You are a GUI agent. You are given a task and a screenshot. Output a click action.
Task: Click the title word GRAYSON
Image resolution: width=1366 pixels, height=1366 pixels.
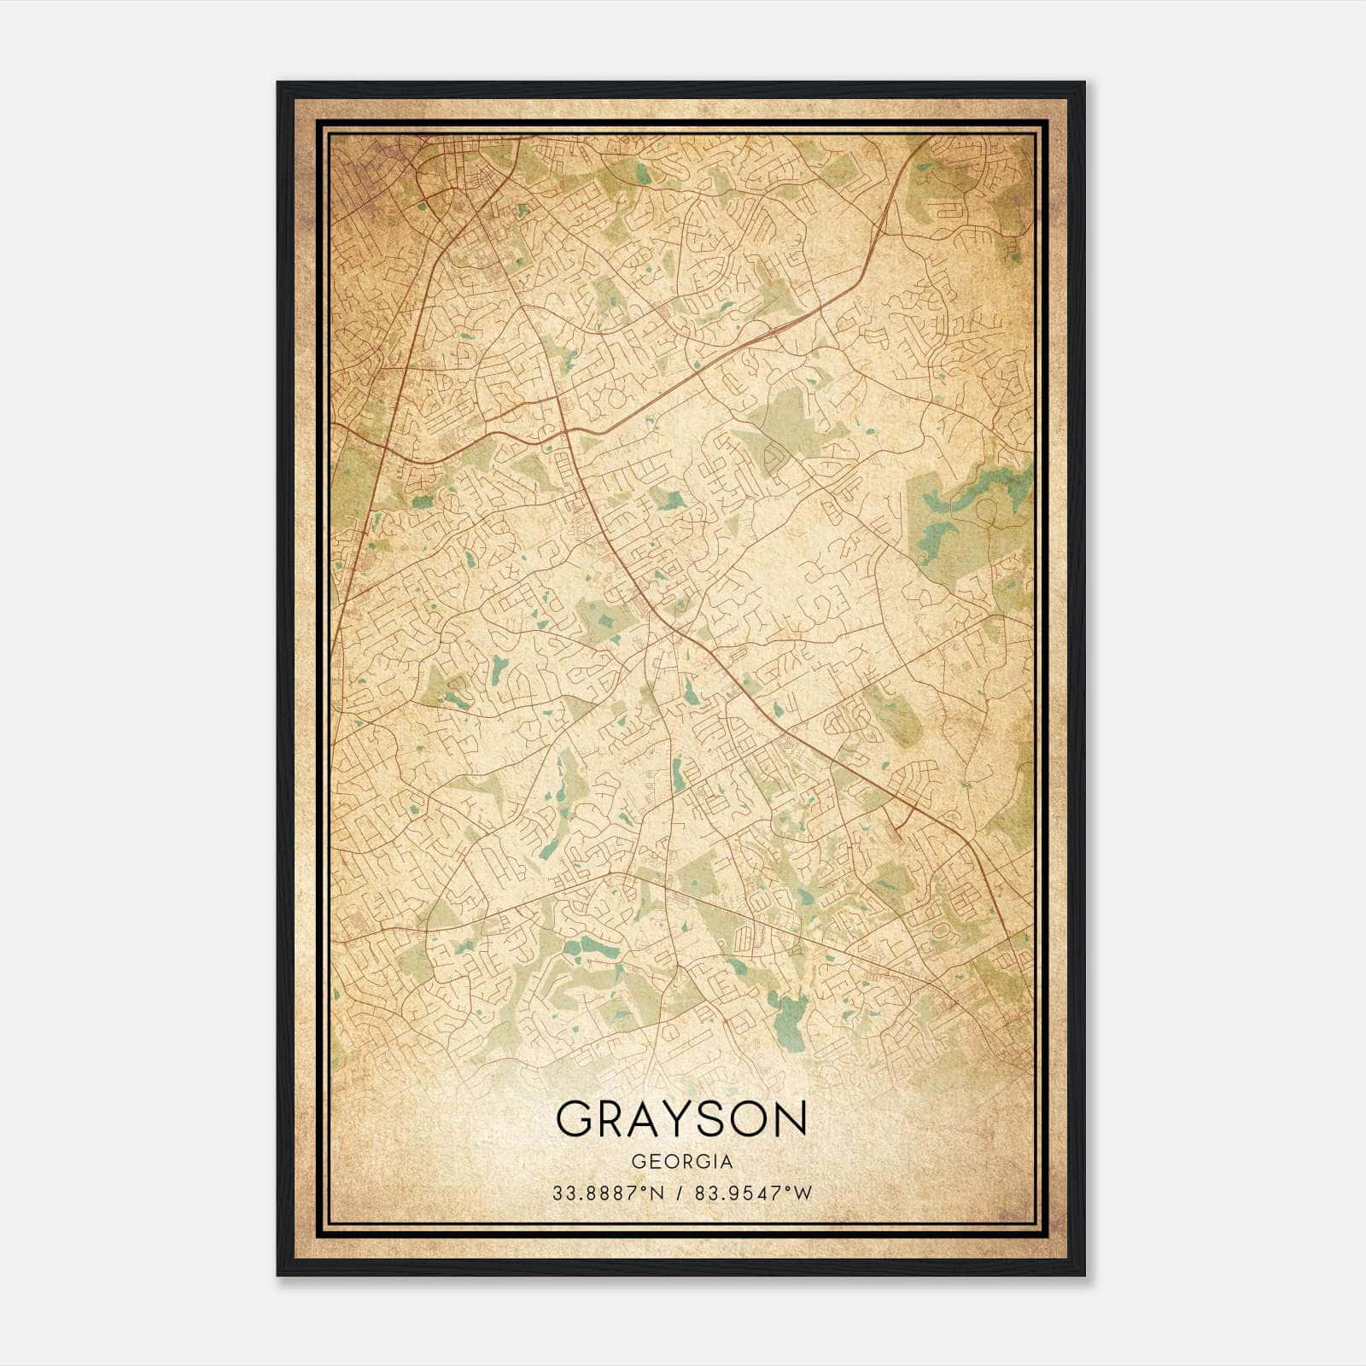click(x=681, y=1118)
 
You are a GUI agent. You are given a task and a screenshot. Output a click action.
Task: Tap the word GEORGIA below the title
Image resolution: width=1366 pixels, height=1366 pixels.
click(x=681, y=1162)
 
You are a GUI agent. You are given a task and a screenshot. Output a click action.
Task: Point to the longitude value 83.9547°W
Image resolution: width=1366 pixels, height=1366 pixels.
click(x=751, y=1194)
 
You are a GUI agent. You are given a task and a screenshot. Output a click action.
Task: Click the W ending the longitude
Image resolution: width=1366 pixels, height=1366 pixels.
click(x=804, y=1194)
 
